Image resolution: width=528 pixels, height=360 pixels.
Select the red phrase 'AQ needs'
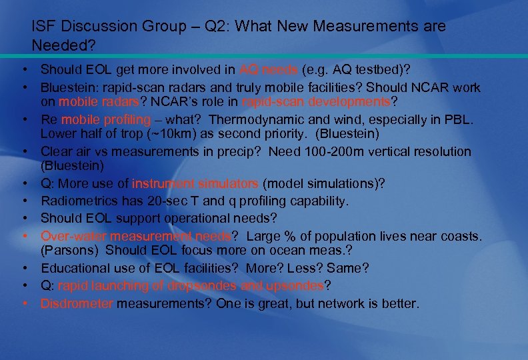[x=269, y=69]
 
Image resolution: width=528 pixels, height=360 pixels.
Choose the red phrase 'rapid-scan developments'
[x=316, y=102]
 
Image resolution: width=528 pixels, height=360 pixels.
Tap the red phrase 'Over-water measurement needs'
[x=135, y=235]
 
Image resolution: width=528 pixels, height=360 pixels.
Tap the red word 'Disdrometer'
[x=77, y=304]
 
